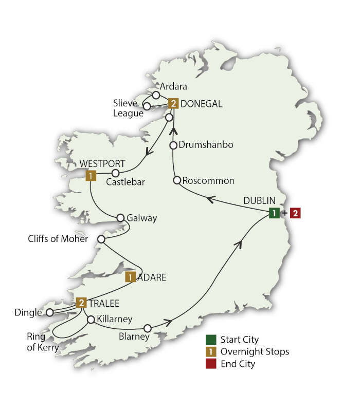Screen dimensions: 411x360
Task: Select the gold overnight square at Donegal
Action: (x=174, y=104)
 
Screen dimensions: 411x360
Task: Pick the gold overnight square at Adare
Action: (x=131, y=277)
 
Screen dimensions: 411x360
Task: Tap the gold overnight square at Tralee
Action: (x=81, y=303)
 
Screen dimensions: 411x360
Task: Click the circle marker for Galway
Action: (x=121, y=217)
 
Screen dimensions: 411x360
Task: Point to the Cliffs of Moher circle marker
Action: (x=101, y=239)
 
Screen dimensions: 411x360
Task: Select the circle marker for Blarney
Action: (x=148, y=328)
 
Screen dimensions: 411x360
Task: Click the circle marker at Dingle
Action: (x=49, y=312)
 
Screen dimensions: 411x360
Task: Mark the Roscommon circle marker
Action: (x=177, y=180)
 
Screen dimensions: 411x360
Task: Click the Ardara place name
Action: (x=174, y=86)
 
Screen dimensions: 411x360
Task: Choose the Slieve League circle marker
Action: (x=147, y=106)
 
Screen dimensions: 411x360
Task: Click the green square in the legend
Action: (x=210, y=340)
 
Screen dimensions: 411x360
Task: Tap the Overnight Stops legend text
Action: (x=254, y=352)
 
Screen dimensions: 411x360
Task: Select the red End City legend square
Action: (x=210, y=364)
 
